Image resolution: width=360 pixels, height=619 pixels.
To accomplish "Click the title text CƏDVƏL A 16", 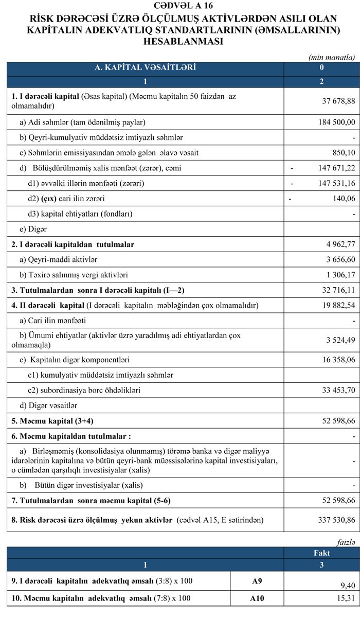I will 179,6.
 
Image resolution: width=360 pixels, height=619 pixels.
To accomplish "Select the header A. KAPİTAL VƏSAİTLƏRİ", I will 145,67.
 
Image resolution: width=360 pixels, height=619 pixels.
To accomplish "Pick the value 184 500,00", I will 334,122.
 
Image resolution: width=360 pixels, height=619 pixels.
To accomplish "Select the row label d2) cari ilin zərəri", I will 69,199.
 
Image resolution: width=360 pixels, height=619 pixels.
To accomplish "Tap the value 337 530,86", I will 334,520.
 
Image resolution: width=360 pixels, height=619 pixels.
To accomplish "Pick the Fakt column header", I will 321,553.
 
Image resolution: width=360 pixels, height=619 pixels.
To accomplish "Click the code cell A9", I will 257,581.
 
